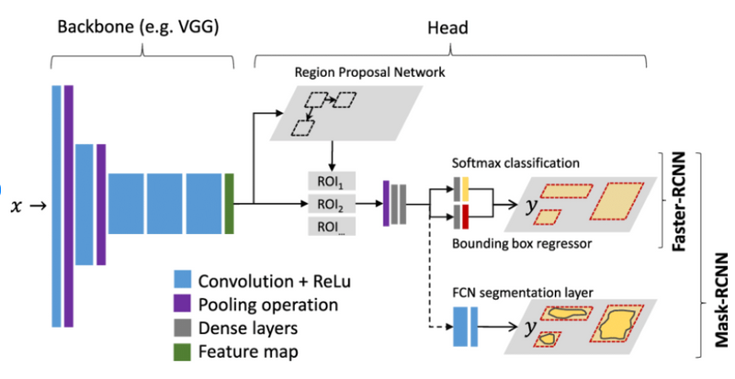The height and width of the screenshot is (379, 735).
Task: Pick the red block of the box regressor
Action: pos(466,217)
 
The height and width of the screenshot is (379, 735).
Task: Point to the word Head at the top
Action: pos(449,28)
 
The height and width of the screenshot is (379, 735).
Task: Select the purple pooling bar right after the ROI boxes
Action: pos(387,202)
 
